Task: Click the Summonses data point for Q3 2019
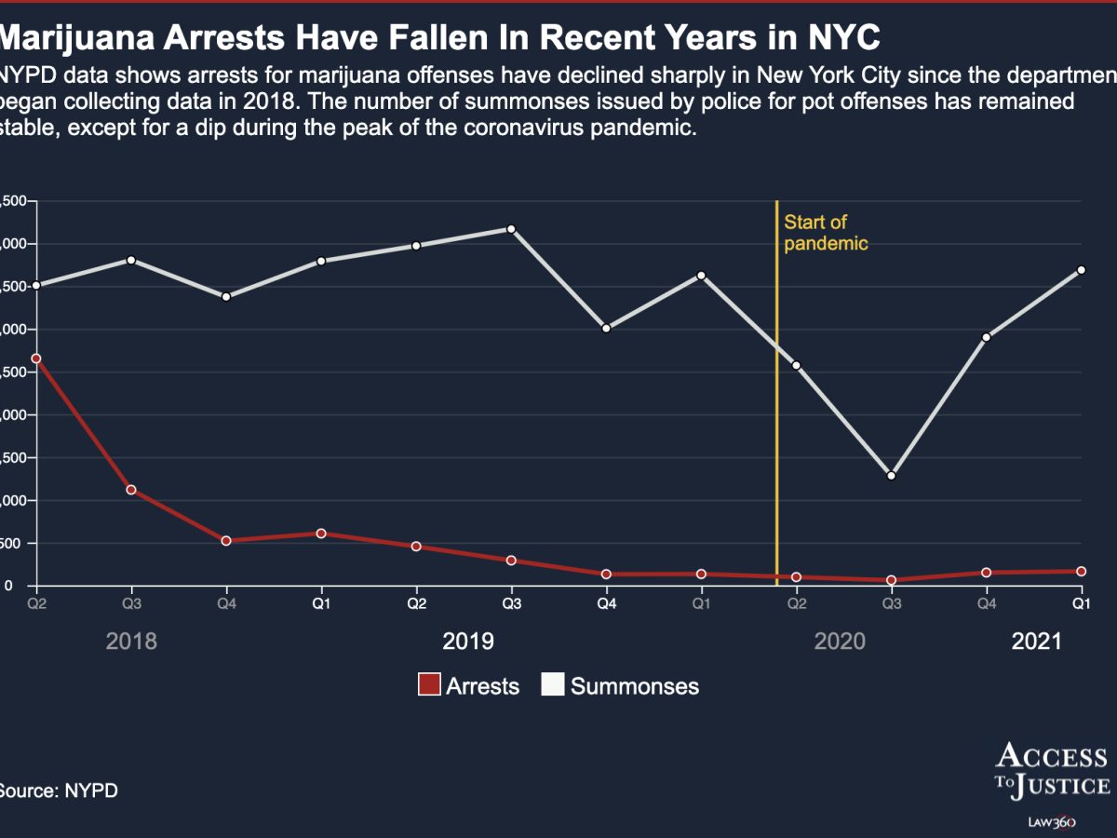click(x=511, y=229)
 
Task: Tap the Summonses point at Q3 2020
click(x=891, y=476)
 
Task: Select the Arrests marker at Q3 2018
click(x=131, y=490)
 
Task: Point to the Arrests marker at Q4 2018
click(x=226, y=541)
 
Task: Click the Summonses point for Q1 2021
click(x=1081, y=270)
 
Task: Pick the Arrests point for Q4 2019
click(x=606, y=574)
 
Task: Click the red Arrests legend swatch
click(x=429, y=686)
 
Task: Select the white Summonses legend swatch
click(x=553, y=686)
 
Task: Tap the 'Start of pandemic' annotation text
click(x=825, y=233)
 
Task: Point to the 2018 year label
click(x=131, y=642)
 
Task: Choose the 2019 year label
click(x=467, y=642)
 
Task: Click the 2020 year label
click(x=840, y=642)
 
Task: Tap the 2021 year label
click(x=1036, y=642)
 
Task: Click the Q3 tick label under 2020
click(x=891, y=604)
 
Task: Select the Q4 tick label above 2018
click(x=226, y=604)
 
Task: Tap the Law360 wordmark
click(x=1052, y=822)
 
